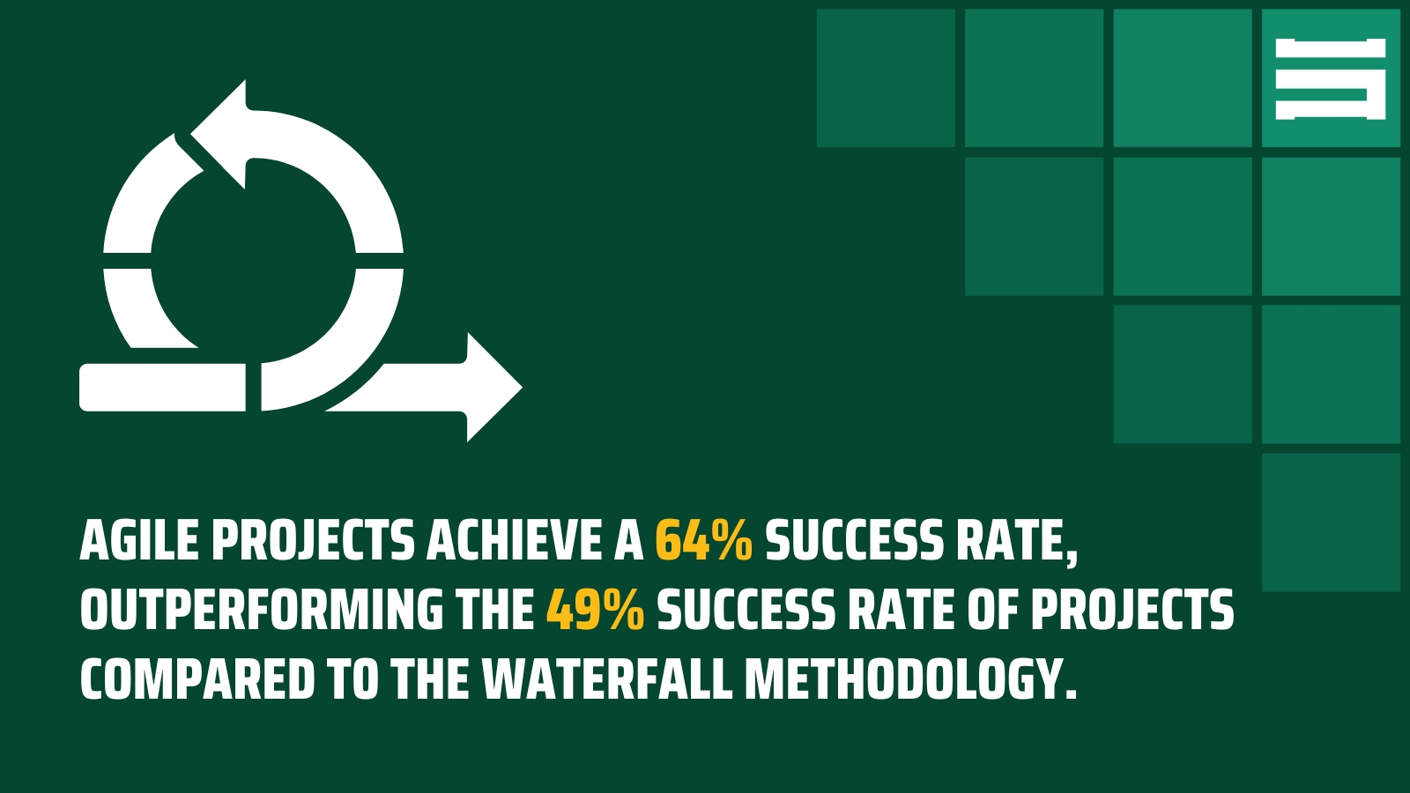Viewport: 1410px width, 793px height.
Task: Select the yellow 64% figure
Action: (x=703, y=541)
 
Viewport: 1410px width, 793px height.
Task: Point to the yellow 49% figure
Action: (x=595, y=611)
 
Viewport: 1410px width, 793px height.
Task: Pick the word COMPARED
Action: (x=197, y=680)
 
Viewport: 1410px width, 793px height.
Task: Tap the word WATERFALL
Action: (x=607, y=680)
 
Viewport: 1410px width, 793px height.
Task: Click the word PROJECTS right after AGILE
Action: (x=313, y=541)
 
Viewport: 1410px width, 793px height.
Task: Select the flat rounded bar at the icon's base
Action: (x=163, y=388)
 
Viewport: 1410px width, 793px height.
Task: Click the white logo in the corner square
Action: (x=1331, y=78)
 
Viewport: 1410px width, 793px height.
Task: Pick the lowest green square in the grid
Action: (x=1331, y=522)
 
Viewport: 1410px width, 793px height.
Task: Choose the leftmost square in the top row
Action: (x=886, y=78)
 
